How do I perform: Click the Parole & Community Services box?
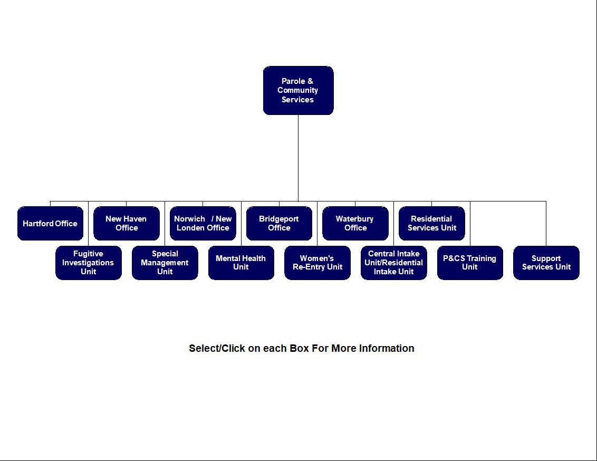click(x=298, y=90)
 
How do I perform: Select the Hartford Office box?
click(x=50, y=223)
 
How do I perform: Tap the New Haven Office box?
click(x=127, y=223)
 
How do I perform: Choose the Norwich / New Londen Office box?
click(x=203, y=223)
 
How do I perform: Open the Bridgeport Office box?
click(x=279, y=223)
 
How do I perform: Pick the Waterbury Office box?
click(x=355, y=223)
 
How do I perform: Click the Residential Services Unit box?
click(x=431, y=223)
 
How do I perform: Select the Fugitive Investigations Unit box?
click(x=88, y=263)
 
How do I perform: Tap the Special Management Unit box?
click(x=165, y=263)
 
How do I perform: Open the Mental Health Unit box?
click(x=241, y=263)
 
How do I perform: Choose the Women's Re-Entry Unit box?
click(x=317, y=263)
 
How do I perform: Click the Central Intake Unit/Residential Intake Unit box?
click(x=393, y=263)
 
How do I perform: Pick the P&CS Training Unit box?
click(x=469, y=263)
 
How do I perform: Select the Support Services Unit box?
click(x=546, y=263)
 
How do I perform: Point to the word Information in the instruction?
click(x=387, y=349)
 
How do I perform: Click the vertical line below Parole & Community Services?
click(x=298, y=158)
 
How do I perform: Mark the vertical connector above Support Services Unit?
click(x=546, y=224)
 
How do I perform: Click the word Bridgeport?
click(x=279, y=219)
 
